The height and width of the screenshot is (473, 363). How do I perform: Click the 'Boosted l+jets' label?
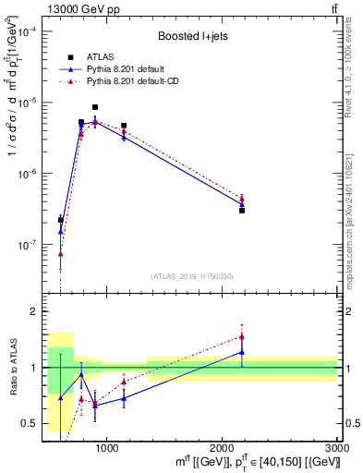tap(192, 37)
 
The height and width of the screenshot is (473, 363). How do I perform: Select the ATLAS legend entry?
tap(102, 56)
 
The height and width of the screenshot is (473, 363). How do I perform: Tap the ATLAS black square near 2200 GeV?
tap(242, 211)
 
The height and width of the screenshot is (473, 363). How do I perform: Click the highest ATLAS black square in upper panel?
tap(95, 107)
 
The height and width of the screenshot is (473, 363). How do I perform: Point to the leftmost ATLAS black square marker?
tap(61, 220)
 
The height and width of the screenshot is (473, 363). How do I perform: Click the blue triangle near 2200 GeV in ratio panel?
tap(242, 352)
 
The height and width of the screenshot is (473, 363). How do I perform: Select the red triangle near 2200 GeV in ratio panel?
tap(242, 336)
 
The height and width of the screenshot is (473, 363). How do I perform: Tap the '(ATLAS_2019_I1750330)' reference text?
tap(191, 276)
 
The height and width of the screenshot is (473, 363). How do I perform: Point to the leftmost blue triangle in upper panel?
tap(61, 231)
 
